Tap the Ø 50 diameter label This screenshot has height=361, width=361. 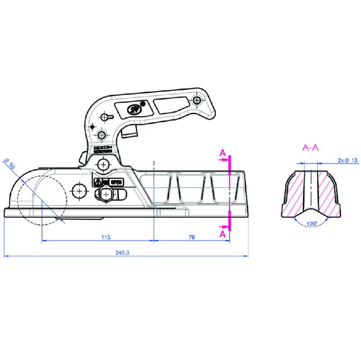click(9, 163)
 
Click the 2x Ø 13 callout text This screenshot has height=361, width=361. click(347, 160)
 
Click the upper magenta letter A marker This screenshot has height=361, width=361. click(222, 153)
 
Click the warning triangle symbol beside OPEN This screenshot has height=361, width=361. click(97, 182)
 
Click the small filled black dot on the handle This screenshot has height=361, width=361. click(143, 103)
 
